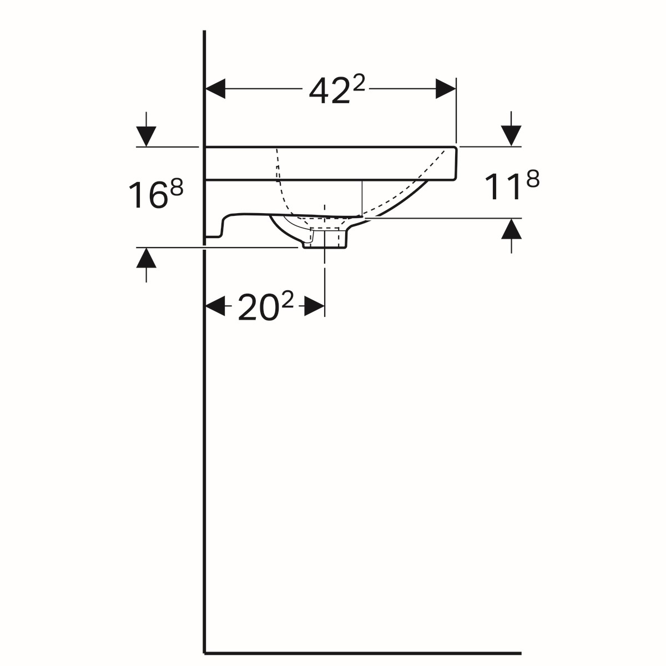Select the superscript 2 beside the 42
point(359,84)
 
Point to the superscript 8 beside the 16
point(176,188)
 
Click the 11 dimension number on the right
point(503,187)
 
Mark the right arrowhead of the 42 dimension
point(446,88)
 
